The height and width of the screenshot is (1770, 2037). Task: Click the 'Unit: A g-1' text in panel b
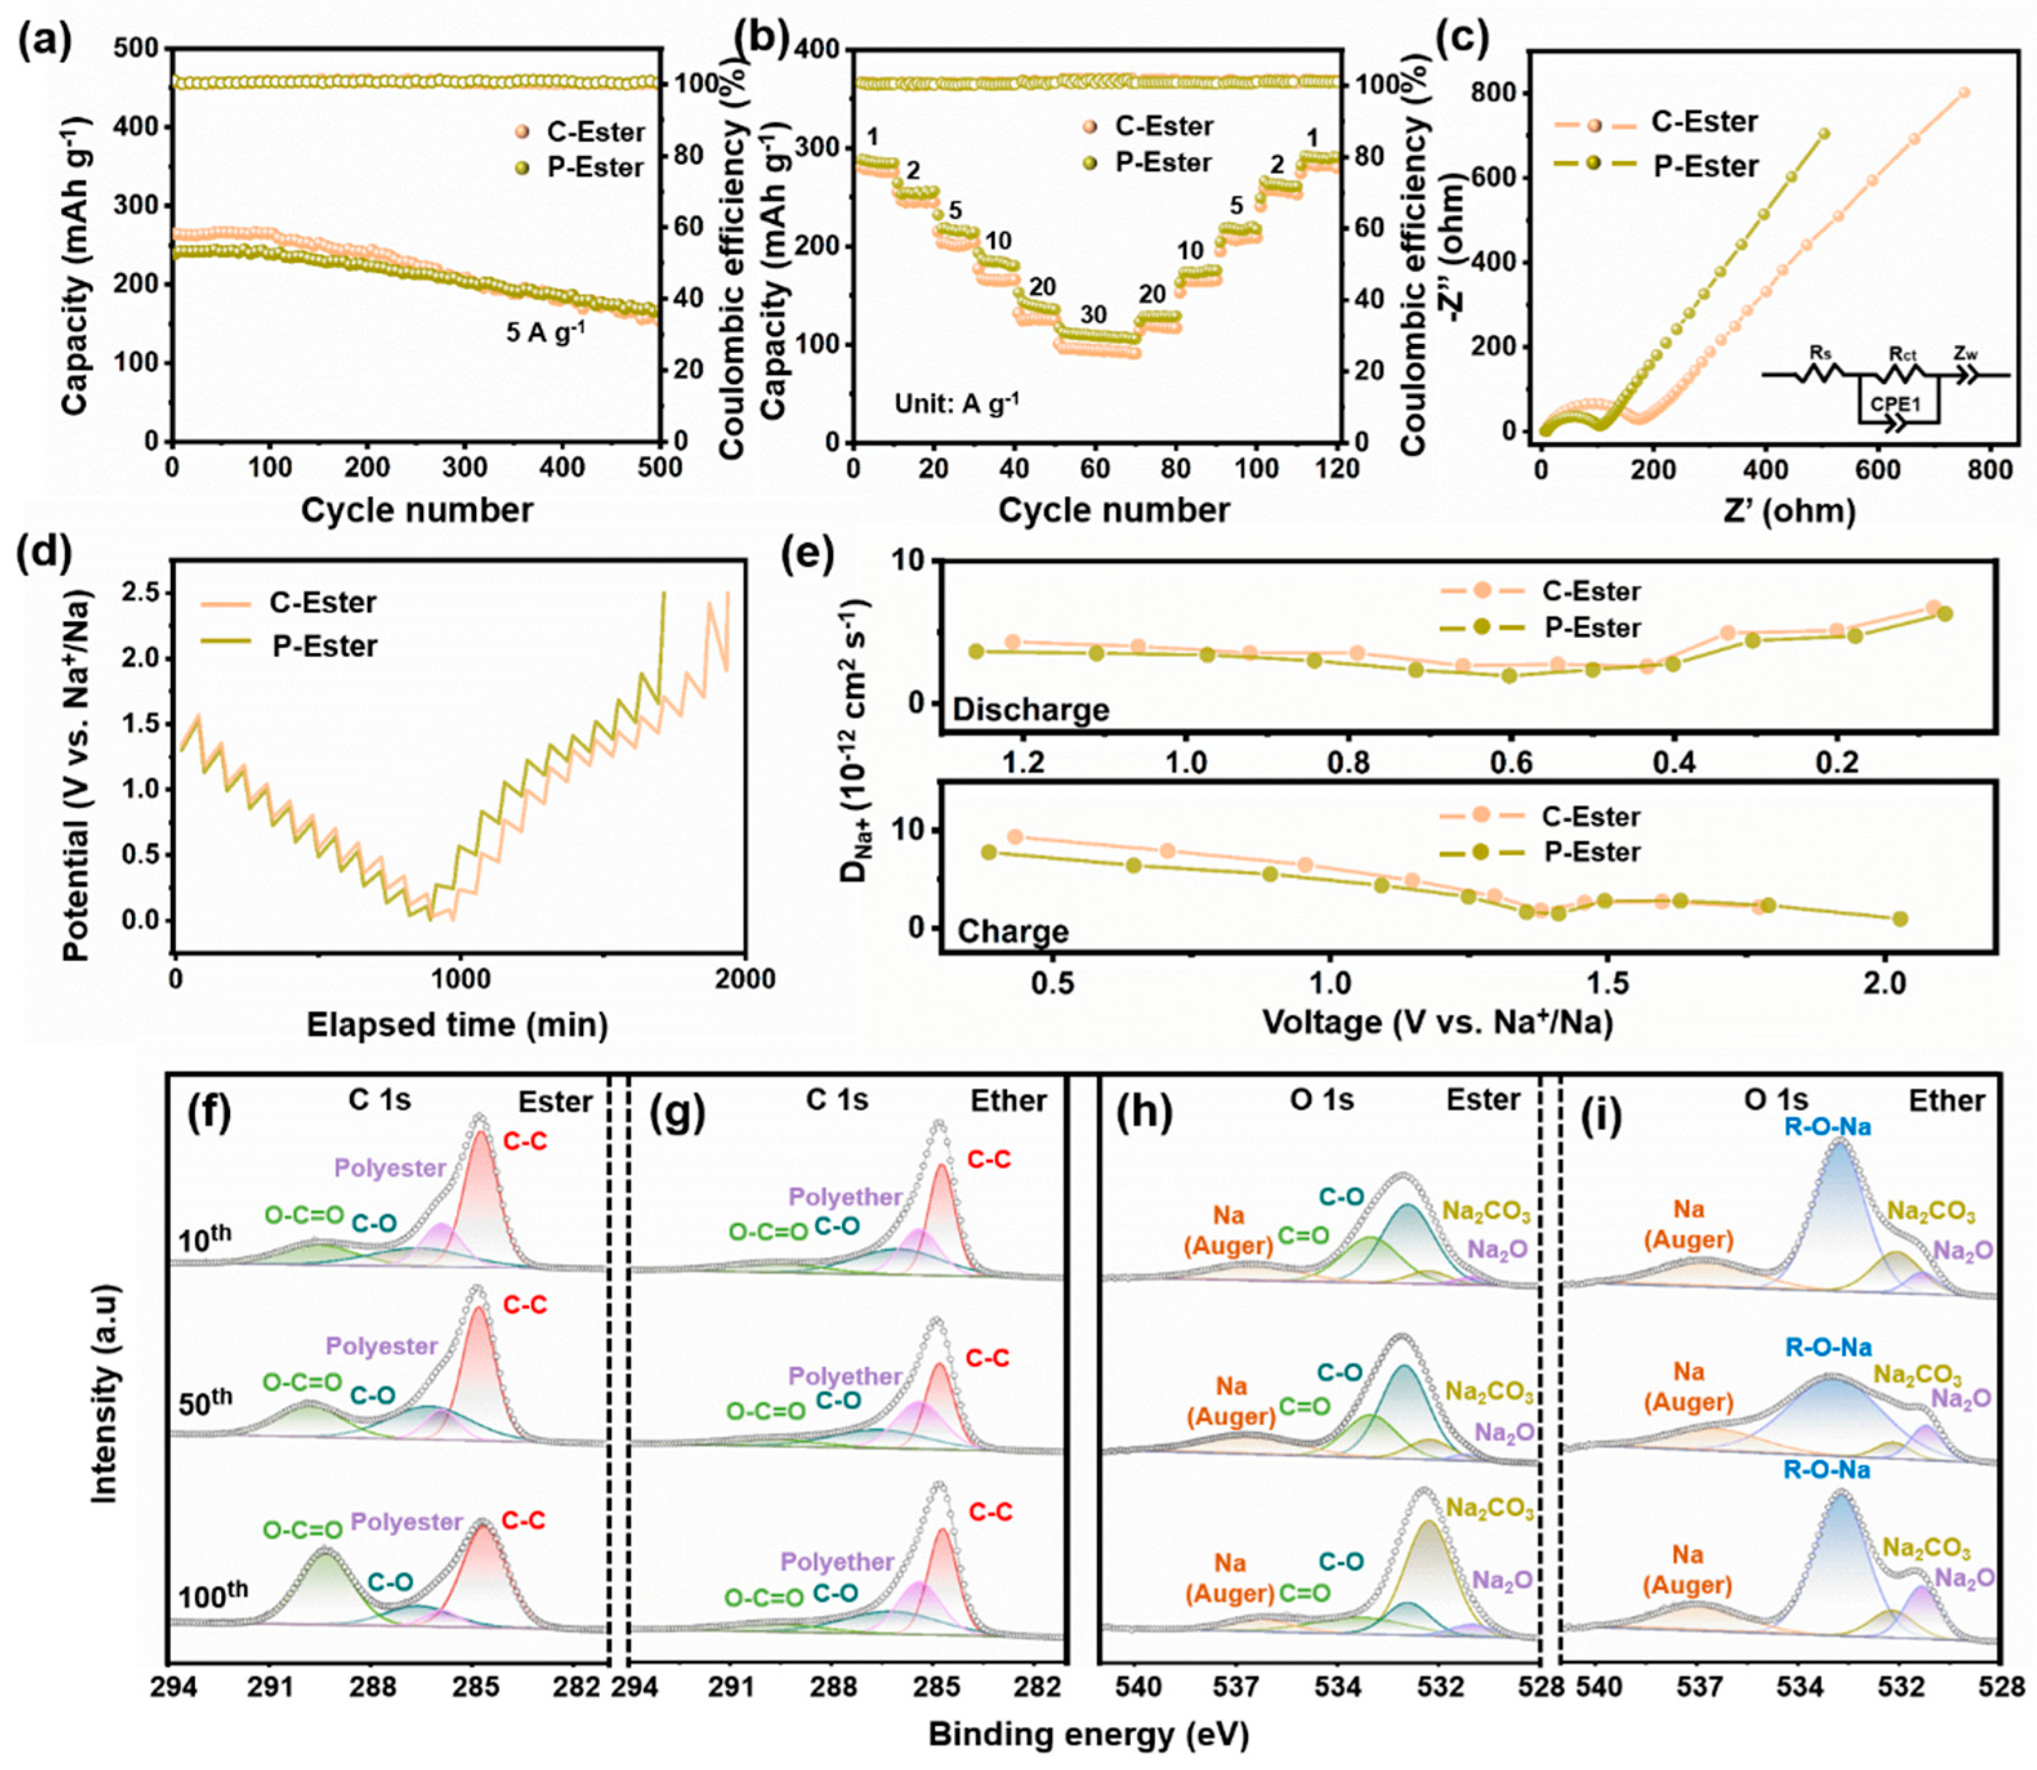coord(956,403)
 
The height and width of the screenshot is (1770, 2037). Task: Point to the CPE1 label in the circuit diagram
coord(1896,404)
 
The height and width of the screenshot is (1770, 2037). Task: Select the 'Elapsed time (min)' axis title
coord(456,1024)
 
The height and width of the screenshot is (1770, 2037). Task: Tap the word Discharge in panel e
coord(1030,709)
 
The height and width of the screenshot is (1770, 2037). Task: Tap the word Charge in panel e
coord(1013,931)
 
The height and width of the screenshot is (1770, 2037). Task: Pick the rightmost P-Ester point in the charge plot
coord(1898,918)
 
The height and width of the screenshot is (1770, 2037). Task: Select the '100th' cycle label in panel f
coord(213,1594)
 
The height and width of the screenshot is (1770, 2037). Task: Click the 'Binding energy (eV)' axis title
coord(1087,1733)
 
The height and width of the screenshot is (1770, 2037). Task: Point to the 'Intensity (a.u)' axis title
coord(104,1393)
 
